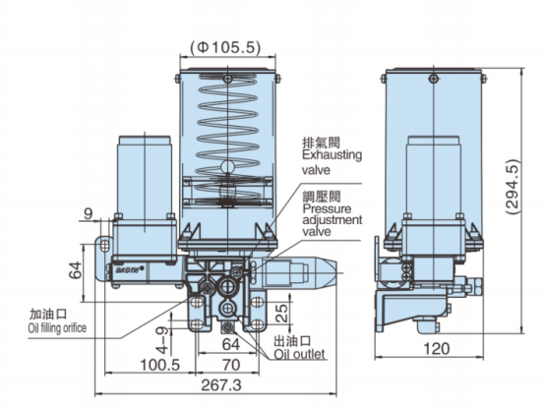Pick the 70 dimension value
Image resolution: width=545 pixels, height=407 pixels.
pos(229,364)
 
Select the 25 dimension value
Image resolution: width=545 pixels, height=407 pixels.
pos(281,314)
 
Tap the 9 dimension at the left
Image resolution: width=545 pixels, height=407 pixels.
pos(88,211)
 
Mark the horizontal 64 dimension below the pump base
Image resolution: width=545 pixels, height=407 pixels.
pos(229,344)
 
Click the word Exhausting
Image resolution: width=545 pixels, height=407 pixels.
pos(333,154)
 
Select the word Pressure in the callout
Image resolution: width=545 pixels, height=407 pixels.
pos(326,208)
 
